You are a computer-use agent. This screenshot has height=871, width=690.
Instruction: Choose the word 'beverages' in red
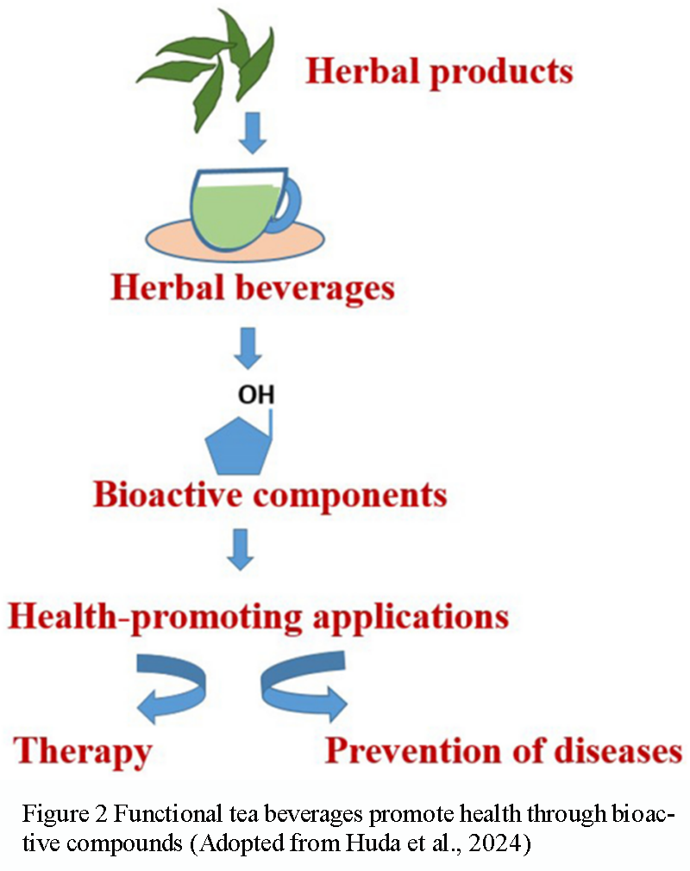pyautogui.click(x=314, y=286)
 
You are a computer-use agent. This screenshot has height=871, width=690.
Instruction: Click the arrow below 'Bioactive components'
pyautogui.click(x=241, y=548)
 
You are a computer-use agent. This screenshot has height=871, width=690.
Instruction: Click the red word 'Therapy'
pyautogui.click(x=83, y=751)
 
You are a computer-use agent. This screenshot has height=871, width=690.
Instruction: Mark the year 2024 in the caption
pyautogui.click(x=499, y=837)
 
